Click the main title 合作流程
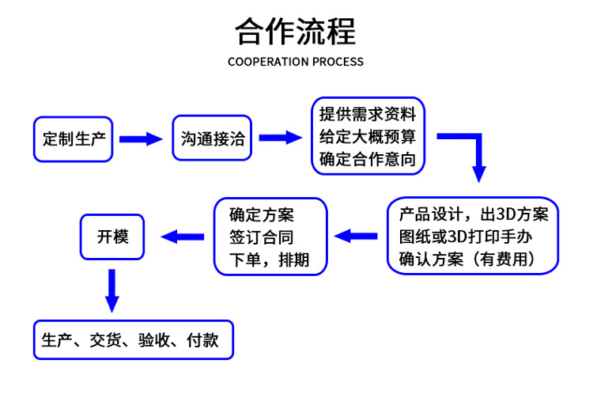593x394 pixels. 296,32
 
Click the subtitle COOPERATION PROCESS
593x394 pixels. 296,62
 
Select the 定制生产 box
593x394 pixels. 74,139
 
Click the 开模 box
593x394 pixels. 112,236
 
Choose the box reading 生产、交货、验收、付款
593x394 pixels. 133,340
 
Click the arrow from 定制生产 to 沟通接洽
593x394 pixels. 141,139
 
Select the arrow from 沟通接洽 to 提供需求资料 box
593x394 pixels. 281,138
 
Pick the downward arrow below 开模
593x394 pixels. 112,290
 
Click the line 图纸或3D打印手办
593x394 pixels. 472,236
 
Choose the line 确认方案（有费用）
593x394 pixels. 472,258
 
